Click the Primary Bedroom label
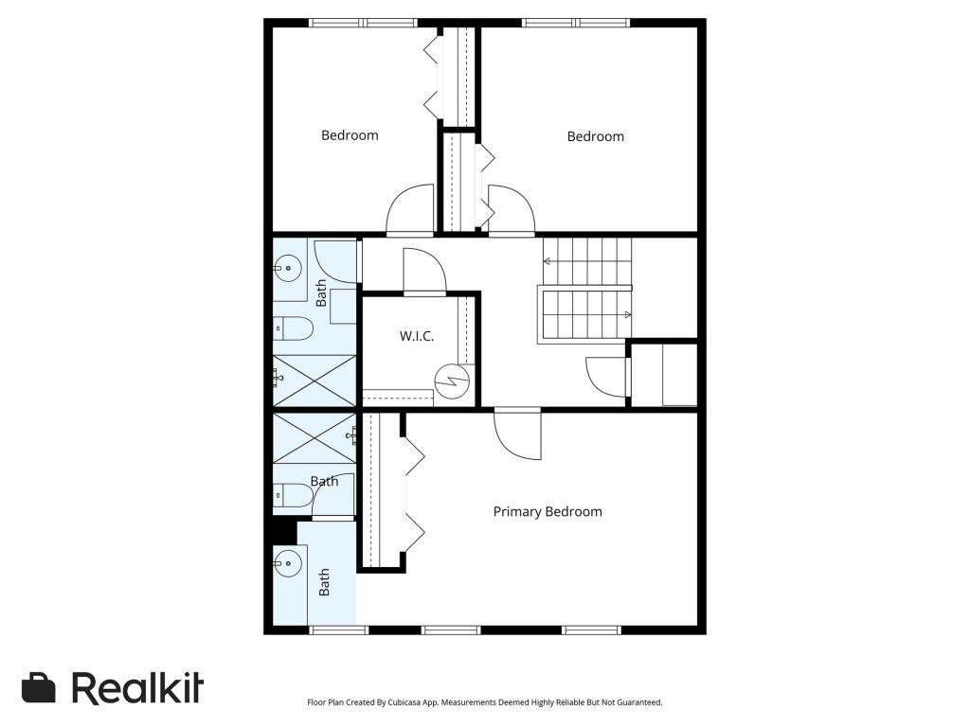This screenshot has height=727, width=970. coord(548,511)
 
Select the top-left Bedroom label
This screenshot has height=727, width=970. coord(350,135)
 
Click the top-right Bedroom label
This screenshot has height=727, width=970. coord(595,136)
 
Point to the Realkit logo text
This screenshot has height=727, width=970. coord(137,688)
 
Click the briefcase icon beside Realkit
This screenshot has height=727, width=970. coord(39,688)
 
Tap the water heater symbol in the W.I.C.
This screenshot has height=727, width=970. coord(452,381)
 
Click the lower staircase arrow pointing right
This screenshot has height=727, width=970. coord(626,314)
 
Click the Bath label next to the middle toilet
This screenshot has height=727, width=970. coord(324,481)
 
